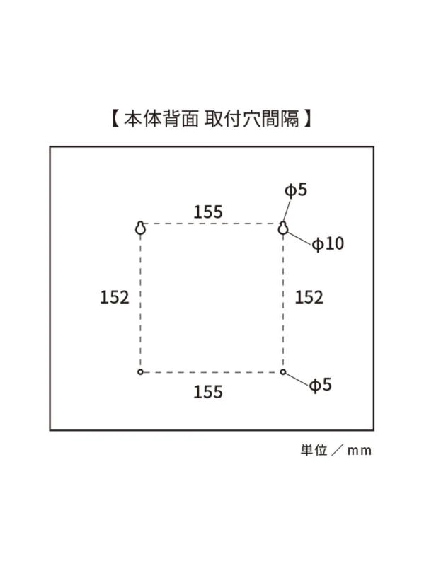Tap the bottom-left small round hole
tap(140, 372)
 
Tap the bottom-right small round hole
tap(283, 372)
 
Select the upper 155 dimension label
tap(208, 212)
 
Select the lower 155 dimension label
tap(208, 392)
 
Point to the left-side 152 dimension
tap(115, 297)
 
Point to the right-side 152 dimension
tap(309, 297)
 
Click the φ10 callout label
tap(328, 243)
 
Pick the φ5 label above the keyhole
tap(296, 190)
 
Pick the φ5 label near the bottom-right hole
tap(321, 385)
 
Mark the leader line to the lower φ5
tap(297, 379)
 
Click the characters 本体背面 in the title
tap(161, 118)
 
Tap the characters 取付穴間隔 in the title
tap(252, 118)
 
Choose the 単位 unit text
tap(314, 450)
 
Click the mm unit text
tap(360, 451)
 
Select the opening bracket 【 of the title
tap(115, 118)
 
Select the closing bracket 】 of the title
tap(307, 118)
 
